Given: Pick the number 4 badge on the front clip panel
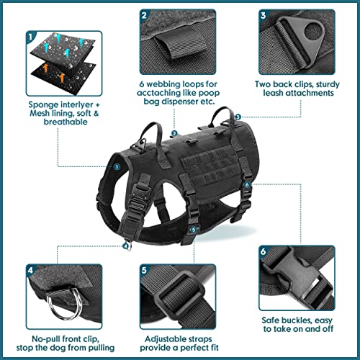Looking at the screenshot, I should (x=11, y=271).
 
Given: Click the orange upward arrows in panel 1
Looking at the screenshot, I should (x=43, y=72).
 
